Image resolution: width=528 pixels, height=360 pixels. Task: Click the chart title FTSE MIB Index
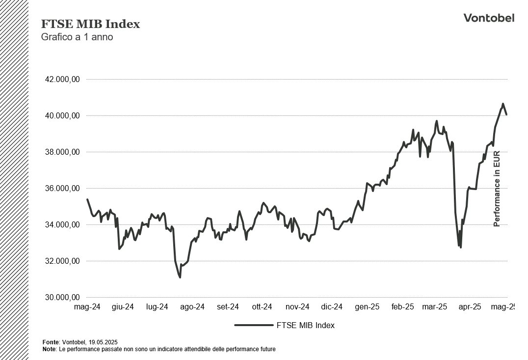90,24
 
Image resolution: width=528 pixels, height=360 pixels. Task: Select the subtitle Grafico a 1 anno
77,37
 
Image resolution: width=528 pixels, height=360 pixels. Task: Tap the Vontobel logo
489,18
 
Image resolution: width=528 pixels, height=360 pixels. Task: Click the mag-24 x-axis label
87,307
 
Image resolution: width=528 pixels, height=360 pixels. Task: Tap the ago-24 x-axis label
192,307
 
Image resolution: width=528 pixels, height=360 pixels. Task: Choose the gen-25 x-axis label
367,307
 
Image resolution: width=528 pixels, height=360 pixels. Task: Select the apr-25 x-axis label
470,307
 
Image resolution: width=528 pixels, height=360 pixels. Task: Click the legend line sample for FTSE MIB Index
253,325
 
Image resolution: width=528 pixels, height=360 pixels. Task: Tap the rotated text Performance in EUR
497,189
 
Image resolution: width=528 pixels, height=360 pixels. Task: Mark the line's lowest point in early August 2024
180,277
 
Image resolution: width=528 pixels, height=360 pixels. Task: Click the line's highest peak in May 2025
502,104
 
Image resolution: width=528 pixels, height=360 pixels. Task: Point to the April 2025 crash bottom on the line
460,247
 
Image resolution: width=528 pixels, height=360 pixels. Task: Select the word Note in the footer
49,349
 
